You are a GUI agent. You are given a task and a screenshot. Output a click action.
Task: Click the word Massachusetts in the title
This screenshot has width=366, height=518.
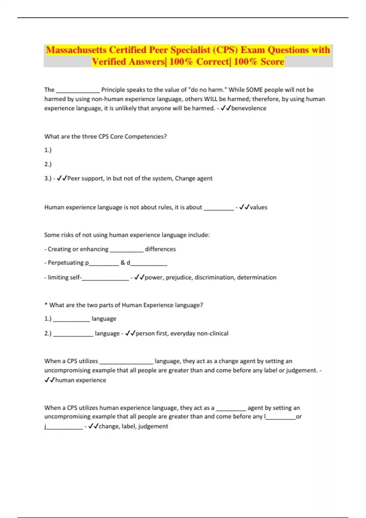(x=76, y=50)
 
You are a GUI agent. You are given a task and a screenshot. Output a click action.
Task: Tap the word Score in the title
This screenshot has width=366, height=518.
(x=272, y=62)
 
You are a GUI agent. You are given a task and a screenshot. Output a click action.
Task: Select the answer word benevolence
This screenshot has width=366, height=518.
(x=249, y=108)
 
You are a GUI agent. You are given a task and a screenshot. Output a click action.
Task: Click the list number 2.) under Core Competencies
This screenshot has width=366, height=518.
(x=48, y=164)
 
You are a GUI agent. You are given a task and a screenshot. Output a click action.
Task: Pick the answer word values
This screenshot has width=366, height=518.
(x=258, y=207)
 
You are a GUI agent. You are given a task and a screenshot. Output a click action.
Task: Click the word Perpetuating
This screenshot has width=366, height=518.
(x=66, y=263)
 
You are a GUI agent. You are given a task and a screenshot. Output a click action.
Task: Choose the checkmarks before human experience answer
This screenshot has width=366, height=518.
(x=49, y=380)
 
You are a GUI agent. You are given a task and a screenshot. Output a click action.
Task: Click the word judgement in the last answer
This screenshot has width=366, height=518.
(x=153, y=426)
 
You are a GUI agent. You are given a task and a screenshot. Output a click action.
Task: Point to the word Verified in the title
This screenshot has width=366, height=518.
(x=109, y=62)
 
